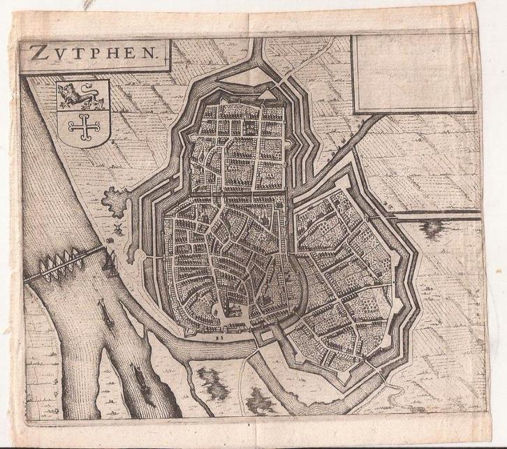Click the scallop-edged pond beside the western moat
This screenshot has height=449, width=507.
click(116, 203)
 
